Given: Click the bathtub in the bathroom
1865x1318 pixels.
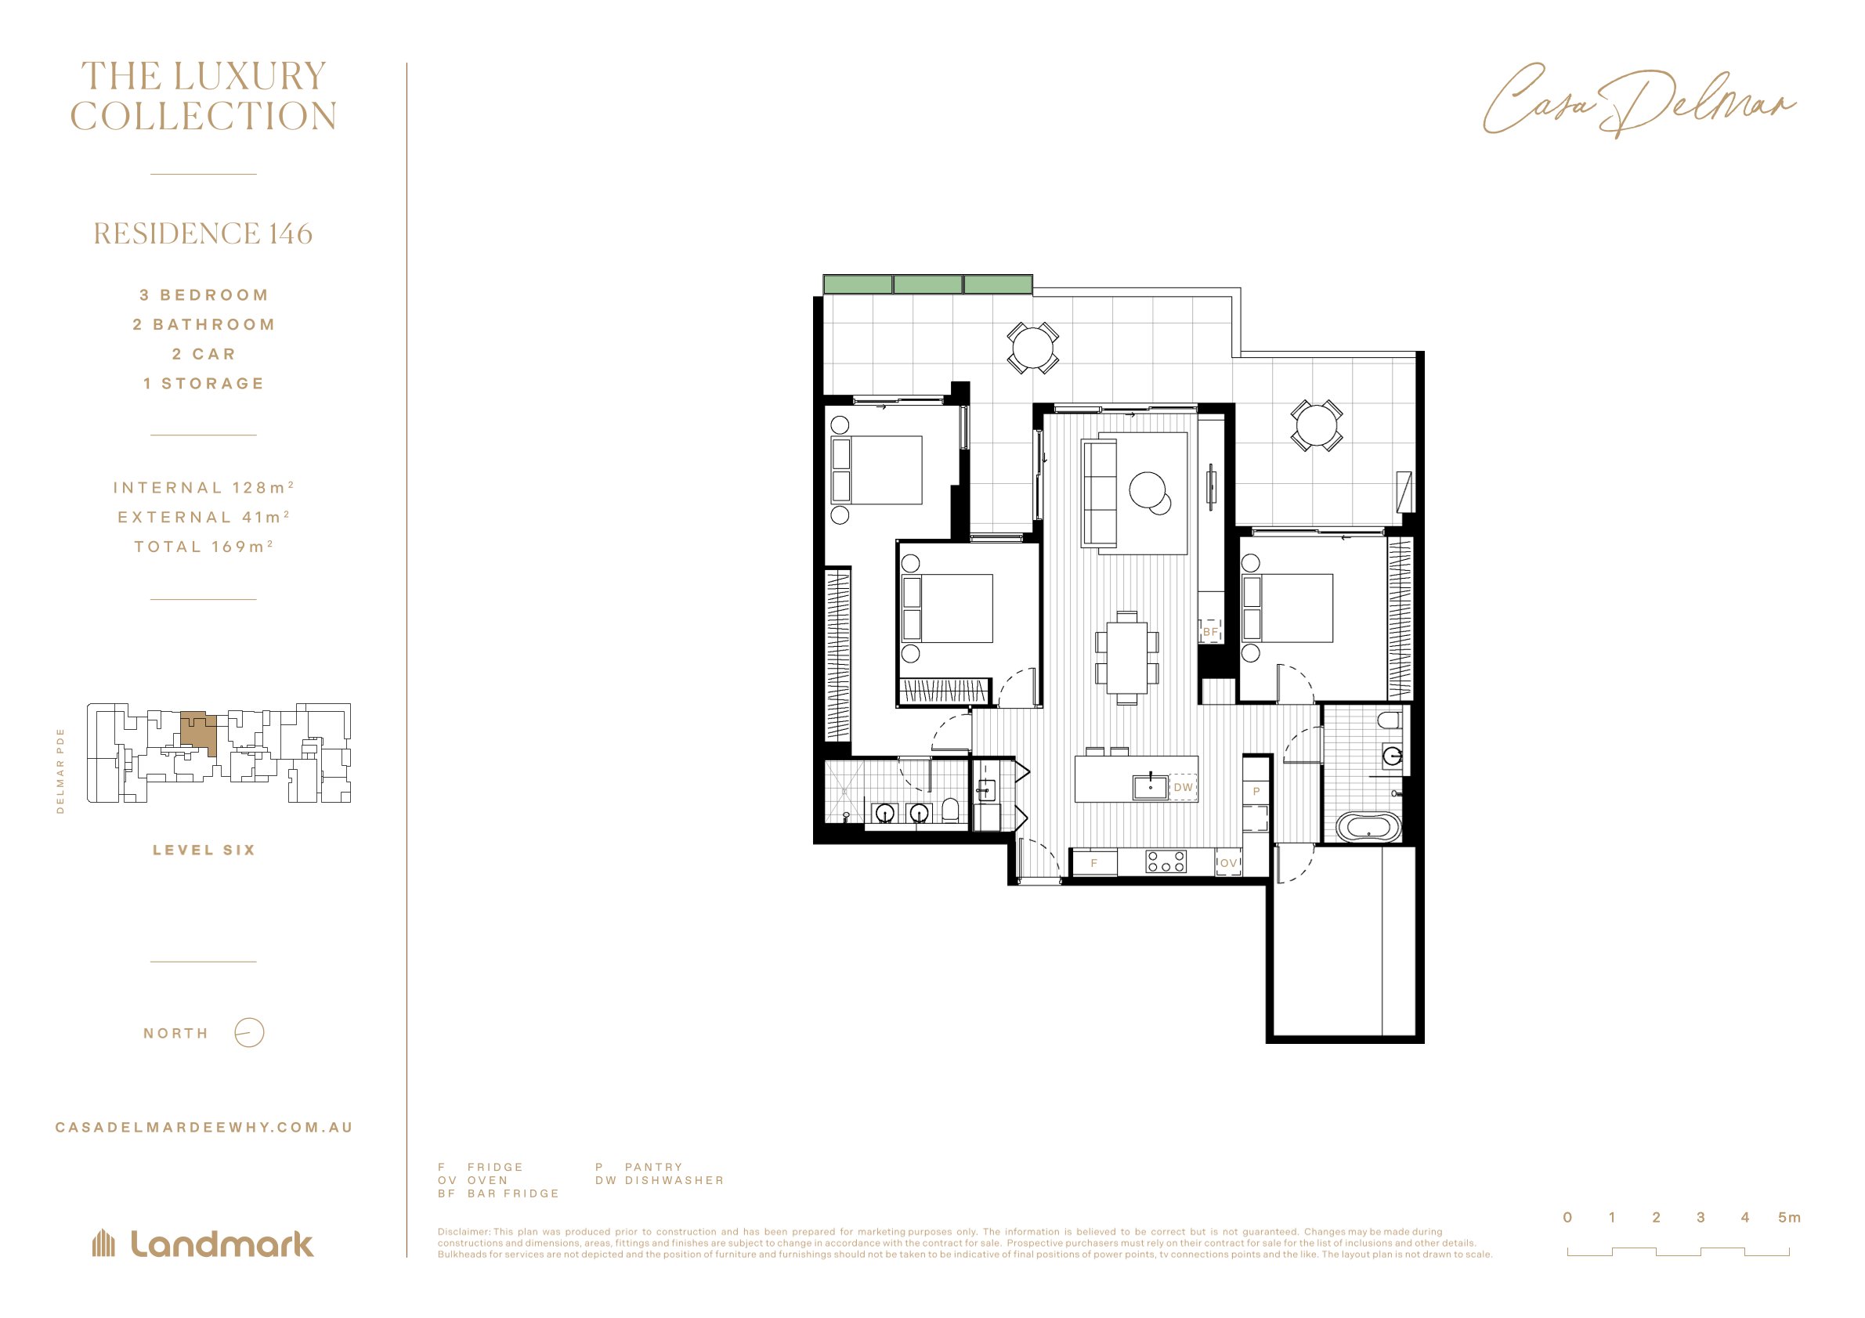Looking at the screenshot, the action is click(1368, 828).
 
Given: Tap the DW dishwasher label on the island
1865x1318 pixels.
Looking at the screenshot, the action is click(1183, 787).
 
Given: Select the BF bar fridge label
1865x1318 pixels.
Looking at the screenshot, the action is click(1210, 632).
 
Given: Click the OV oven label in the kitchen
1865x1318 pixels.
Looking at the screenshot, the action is click(1228, 863).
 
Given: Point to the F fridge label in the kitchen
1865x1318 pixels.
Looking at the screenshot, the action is click(1094, 863).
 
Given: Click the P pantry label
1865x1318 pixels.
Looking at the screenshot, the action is click(1256, 791).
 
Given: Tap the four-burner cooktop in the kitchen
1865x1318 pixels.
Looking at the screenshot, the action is click(1166, 861).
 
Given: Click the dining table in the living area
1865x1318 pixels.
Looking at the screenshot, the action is click(1126, 657).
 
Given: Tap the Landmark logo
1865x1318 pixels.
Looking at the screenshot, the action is click(203, 1244).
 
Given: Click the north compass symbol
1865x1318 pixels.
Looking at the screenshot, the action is click(249, 1033).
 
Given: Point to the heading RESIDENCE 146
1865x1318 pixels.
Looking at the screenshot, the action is click(203, 234).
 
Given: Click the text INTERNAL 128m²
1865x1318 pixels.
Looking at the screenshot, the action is click(203, 487).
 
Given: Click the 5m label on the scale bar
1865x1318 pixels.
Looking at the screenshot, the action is click(1790, 1217).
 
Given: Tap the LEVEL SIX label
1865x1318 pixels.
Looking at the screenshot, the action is click(204, 850).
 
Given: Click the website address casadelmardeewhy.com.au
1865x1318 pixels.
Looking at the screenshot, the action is click(204, 1127).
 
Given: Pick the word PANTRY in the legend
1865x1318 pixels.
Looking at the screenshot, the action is click(654, 1167).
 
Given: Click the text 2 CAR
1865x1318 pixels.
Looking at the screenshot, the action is click(204, 354).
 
